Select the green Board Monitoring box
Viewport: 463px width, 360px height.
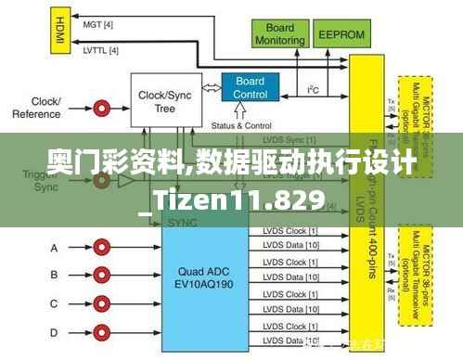point(279,34)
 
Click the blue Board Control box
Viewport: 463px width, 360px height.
point(251,88)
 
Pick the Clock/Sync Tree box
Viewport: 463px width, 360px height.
point(165,100)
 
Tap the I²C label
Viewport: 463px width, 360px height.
point(315,89)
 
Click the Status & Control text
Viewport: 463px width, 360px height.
point(241,126)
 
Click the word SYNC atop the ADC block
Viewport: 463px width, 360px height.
point(183,224)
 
